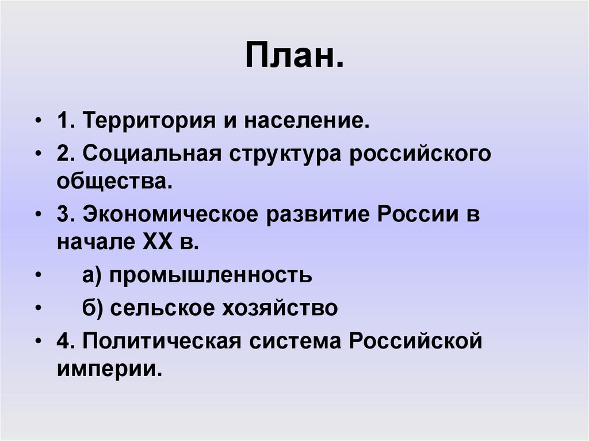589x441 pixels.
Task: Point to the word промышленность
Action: [211, 275]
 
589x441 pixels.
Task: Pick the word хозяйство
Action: [280, 308]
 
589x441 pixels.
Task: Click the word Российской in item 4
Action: [414, 341]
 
